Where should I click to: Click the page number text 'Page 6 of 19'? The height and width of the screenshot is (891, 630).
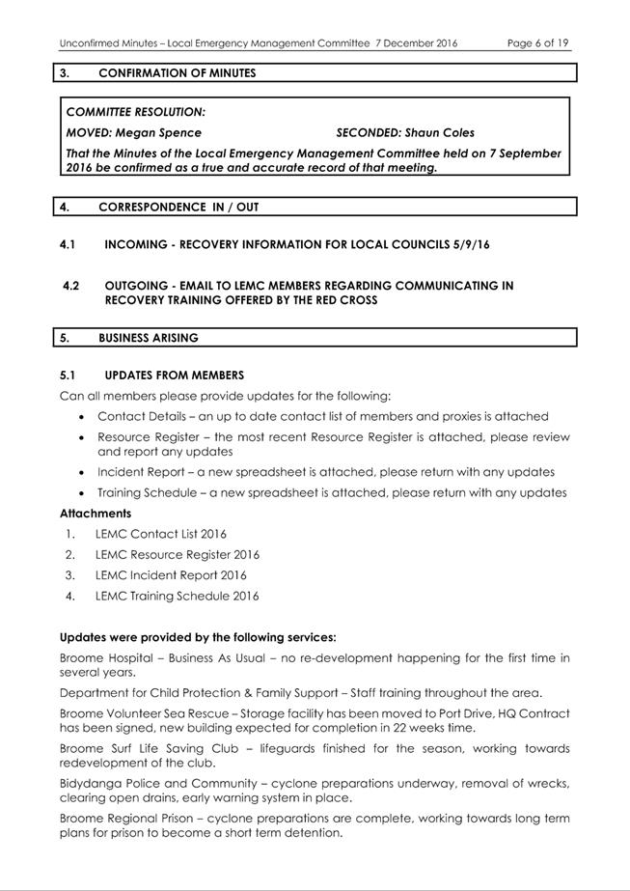[537, 43]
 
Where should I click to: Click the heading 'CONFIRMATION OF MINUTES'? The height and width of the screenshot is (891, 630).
[177, 72]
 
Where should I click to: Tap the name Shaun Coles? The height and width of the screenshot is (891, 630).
[439, 133]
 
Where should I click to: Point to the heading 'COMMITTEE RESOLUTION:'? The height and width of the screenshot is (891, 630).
[135, 113]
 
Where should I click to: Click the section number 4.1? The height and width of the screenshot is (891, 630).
[69, 245]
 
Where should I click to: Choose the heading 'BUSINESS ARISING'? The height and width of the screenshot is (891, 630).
[149, 338]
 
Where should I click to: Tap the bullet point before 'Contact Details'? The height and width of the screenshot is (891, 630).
[77, 417]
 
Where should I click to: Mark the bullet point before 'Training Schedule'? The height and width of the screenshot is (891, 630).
[77, 493]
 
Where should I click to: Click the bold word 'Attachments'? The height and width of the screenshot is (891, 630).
[96, 514]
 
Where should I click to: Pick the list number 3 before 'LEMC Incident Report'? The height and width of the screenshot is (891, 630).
[69, 575]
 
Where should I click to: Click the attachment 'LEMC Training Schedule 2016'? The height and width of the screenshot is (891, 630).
[177, 596]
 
